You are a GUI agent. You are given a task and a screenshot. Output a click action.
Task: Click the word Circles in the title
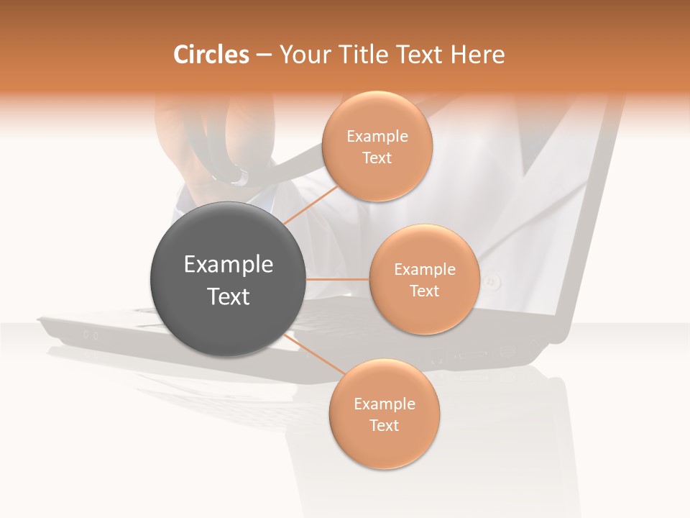pos(211,54)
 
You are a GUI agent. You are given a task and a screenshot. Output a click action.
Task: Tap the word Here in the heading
pos(477,54)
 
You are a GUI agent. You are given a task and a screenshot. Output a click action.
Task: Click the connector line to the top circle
pos(309,205)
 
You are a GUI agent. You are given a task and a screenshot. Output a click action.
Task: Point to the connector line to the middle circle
pos(338,279)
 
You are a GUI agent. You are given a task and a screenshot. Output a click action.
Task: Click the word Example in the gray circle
pos(229,265)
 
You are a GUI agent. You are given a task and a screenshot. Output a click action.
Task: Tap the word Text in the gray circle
pos(229,296)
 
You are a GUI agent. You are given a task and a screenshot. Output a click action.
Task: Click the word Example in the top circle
pos(377,137)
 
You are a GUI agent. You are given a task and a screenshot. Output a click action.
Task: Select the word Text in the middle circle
pos(424,291)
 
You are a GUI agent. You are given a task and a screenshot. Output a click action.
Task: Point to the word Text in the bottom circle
pos(384,425)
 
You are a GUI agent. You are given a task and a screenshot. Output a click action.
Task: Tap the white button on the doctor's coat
pos(492,281)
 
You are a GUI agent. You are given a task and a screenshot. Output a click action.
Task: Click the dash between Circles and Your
pos(264,55)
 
